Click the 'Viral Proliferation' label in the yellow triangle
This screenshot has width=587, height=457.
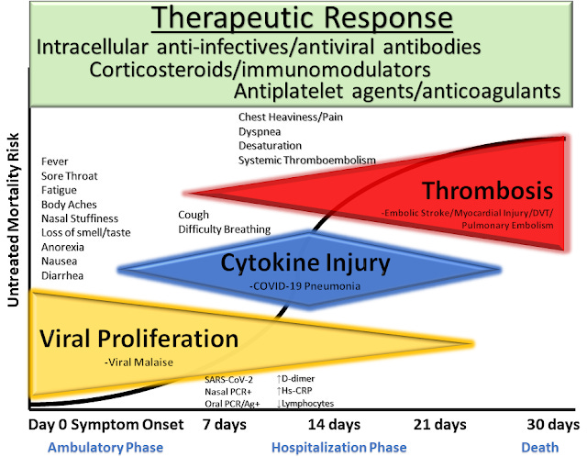tap(126, 339)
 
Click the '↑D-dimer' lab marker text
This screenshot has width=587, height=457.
tap(299, 378)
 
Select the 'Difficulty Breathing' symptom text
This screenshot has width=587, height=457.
tap(224, 229)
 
